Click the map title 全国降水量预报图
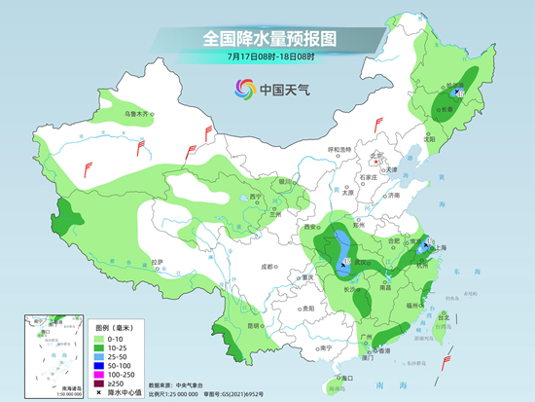[x=267, y=39]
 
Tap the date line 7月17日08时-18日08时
[x=267, y=58]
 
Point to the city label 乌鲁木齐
[x=138, y=114]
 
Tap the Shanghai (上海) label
[x=439, y=248]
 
